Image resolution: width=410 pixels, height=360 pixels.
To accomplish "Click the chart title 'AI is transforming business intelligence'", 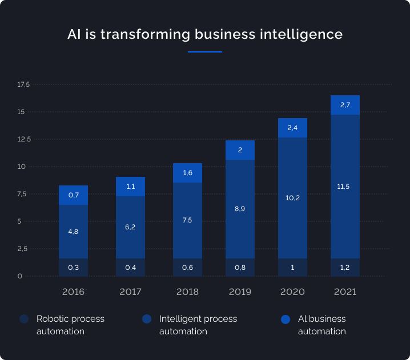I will [205, 34].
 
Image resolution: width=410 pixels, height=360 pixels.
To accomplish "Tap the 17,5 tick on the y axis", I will [23, 84].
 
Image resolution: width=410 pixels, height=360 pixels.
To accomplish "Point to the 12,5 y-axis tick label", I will [23, 139].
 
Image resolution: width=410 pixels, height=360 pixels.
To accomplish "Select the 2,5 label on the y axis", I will [23, 249].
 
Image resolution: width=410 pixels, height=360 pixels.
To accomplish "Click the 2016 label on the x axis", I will [73, 292].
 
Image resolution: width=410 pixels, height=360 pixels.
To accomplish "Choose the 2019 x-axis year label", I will [240, 292].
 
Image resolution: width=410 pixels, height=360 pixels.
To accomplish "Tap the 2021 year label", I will [345, 292].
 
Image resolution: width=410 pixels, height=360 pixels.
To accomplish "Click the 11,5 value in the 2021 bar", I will [345, 187].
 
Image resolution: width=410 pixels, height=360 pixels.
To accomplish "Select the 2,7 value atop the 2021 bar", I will [345, 105].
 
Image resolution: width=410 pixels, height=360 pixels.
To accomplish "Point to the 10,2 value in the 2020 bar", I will [292, 198].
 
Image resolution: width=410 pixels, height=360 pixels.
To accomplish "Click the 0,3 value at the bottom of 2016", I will [73, 268].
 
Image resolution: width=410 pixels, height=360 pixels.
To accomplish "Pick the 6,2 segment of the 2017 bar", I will [130, 226].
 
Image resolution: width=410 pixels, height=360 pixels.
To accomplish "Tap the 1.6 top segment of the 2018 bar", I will [187, 173].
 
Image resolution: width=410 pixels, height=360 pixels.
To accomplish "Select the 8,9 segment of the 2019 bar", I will [240, 209].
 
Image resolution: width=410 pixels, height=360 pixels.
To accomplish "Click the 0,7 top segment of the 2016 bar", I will [73, 195].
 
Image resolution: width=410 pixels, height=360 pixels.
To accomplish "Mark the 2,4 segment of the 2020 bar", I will [292, 128].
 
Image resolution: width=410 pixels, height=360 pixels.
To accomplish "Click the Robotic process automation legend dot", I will [23, 319].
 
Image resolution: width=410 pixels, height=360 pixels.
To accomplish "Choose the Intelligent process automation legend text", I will [198, 325].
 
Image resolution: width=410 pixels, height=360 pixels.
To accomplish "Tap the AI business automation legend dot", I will [286, 319].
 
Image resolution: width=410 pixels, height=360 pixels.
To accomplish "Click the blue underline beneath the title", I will [205, 52].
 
